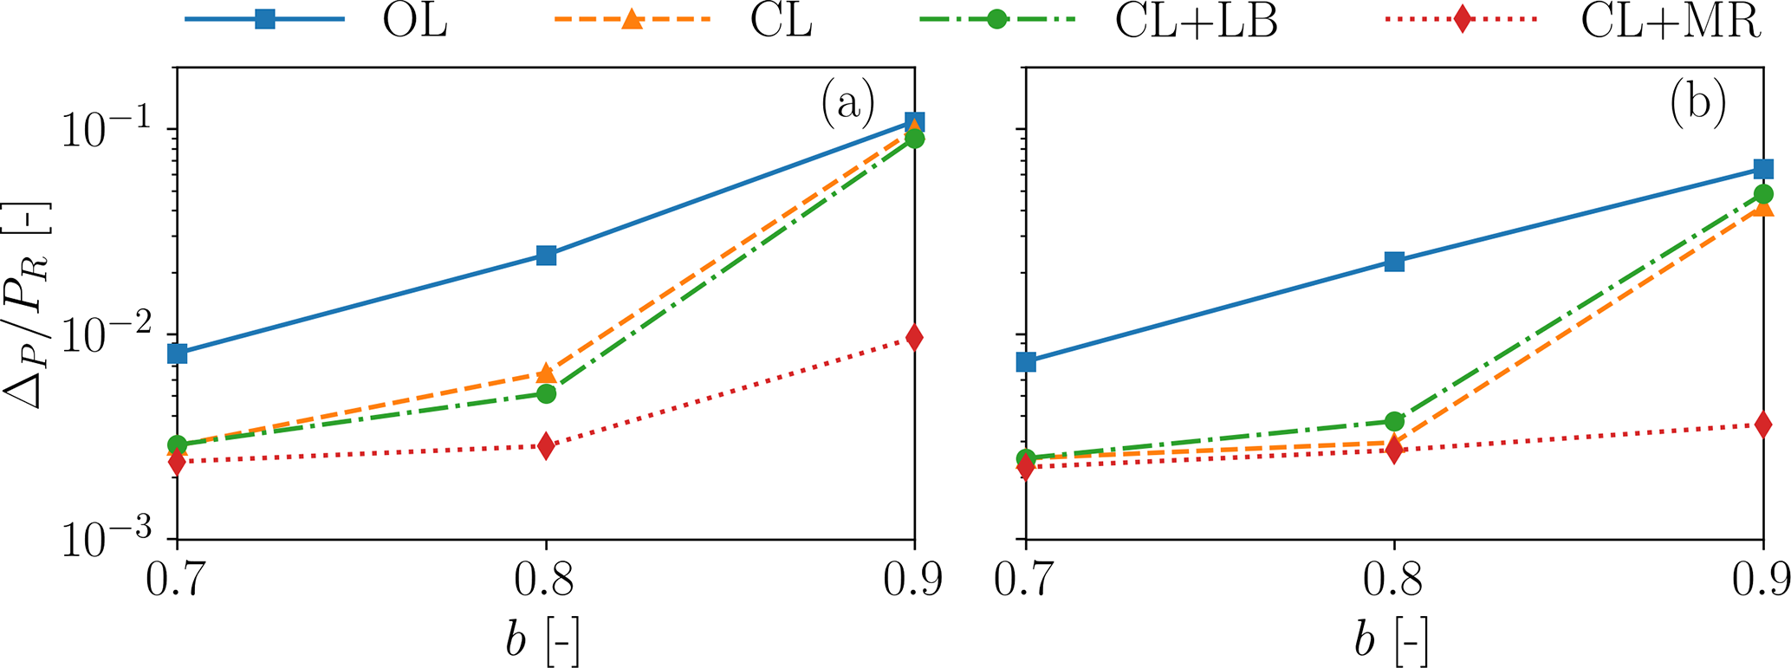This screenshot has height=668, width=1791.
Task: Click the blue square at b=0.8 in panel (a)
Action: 546,255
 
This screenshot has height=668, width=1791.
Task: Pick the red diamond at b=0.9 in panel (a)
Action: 913,338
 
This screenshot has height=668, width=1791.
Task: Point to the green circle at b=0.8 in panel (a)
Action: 546,393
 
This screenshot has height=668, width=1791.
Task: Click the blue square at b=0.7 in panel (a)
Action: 178,353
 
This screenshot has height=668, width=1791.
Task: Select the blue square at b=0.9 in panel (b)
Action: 1762,169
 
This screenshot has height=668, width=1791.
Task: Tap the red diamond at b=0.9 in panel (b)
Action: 1762,425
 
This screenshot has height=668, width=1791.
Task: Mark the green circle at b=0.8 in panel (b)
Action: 1394,421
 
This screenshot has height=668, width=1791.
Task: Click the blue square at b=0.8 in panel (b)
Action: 1394,261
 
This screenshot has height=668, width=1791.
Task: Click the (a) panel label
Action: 847,104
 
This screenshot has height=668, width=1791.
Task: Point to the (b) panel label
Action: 1696,104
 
